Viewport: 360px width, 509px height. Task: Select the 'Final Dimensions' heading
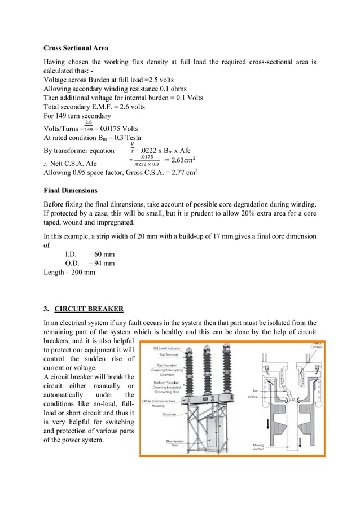coord(71,190)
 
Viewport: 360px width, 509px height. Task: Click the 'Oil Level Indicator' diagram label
coord(169,349)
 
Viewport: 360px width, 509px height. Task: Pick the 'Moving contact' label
coord(258,447)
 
